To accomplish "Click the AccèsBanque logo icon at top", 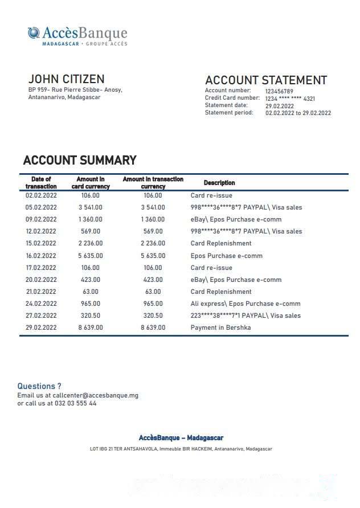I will click(x=34, y=32).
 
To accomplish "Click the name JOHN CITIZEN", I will click(x=66, y=79).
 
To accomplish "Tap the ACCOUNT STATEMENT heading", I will click(x=265, y=80).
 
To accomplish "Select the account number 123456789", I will click(x=279, y=91).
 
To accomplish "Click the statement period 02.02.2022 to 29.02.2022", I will click(x=298, y=113).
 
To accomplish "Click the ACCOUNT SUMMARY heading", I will click(x=80, y=161).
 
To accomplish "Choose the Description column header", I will click(x=219, y=183).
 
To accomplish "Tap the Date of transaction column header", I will click(x=41, y=183).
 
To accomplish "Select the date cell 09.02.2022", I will click(x=41, y=219).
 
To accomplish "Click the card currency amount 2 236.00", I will click(x=91, y=244).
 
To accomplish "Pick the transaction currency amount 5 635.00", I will click(x=153, y=256).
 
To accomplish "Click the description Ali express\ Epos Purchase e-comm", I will click(x=246, y=304).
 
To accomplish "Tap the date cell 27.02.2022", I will click(x=41, y=316).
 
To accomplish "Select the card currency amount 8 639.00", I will click(x=91, y=327).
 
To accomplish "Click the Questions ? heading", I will click(x=39, y=386).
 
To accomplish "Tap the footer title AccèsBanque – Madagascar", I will click(x=181, y=438).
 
